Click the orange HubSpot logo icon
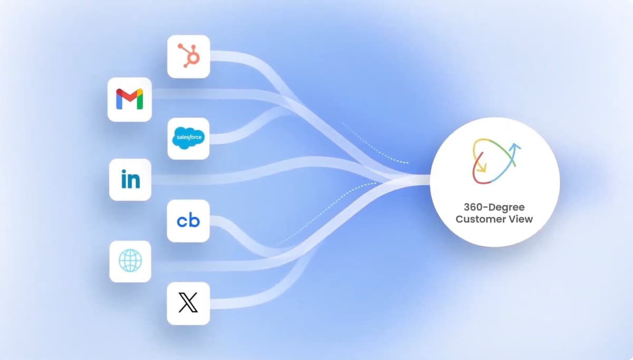point(189,56)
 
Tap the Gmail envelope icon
point(130,99)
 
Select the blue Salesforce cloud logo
point(188,138)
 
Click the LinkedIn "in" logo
point(130,179)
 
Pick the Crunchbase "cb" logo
point(188,221)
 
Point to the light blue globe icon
point(130,260)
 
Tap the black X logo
point(188,302)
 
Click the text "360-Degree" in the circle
point(494,207)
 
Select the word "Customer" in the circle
point(478,219)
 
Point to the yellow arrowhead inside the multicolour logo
point(482,168)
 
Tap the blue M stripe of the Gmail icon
point(119,101)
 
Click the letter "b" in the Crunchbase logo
point(195,220)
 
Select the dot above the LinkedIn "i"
point(124,172)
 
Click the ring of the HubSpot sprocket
point(194,58)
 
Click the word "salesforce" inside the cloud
point(189,137)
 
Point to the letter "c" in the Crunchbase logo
point(183,221)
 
